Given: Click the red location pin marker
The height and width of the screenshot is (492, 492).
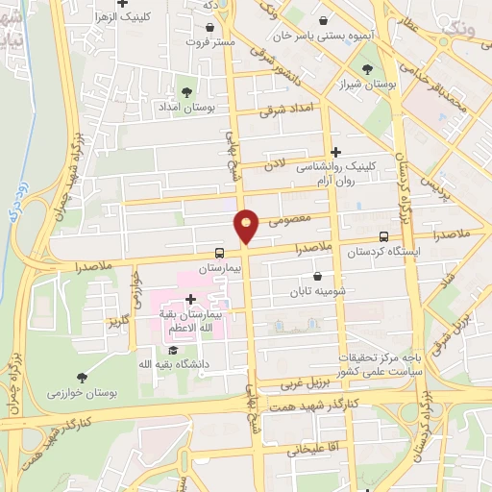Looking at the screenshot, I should pyautogui.click(x=247, y=226).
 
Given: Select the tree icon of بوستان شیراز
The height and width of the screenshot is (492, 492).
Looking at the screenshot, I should pyautogui.click(x=367, y=68).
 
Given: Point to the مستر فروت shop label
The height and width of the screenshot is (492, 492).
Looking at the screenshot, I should pyautogui.click(x=209, y=42).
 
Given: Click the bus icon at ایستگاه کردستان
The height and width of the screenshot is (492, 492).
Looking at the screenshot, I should pyautogui.click(x=384, y=236).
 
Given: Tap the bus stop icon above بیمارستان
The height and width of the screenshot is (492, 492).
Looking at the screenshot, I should pyautogui.click(x=220, y=256).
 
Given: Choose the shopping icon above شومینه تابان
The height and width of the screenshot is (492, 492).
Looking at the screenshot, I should pyautogui.click(x=317, y=277).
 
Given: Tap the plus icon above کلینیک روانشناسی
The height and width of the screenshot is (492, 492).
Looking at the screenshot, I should pyautogui.click(x=335, y=152).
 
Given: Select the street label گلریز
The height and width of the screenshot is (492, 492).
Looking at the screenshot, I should pyautogui.click(x=117, y=318).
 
